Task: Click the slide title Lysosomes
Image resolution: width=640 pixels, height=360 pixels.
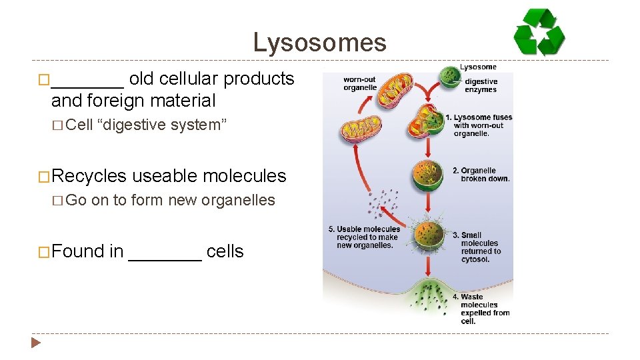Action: point(319,43)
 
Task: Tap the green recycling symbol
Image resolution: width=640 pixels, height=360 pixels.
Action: point(539,33)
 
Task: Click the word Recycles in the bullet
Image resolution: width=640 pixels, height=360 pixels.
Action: point(89,176)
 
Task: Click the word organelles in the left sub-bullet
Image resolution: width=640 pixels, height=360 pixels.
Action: point(241,200)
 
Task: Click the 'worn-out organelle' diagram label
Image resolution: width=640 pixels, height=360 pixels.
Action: point(360,83)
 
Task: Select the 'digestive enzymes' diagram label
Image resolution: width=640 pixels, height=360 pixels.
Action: point(481,86)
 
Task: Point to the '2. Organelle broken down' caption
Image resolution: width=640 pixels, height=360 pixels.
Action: point(485,175)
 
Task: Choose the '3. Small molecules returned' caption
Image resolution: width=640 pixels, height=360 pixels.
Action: point(480,247)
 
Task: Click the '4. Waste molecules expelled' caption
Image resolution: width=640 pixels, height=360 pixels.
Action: point(485,309)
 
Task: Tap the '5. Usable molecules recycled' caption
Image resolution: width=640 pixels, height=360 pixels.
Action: point(364,237)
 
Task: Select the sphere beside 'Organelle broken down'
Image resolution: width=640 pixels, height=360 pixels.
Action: point(428,175)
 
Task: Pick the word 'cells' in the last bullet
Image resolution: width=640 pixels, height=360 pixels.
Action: point(225,252)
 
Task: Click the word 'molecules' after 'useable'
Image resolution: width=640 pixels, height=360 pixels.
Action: point(245,176)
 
